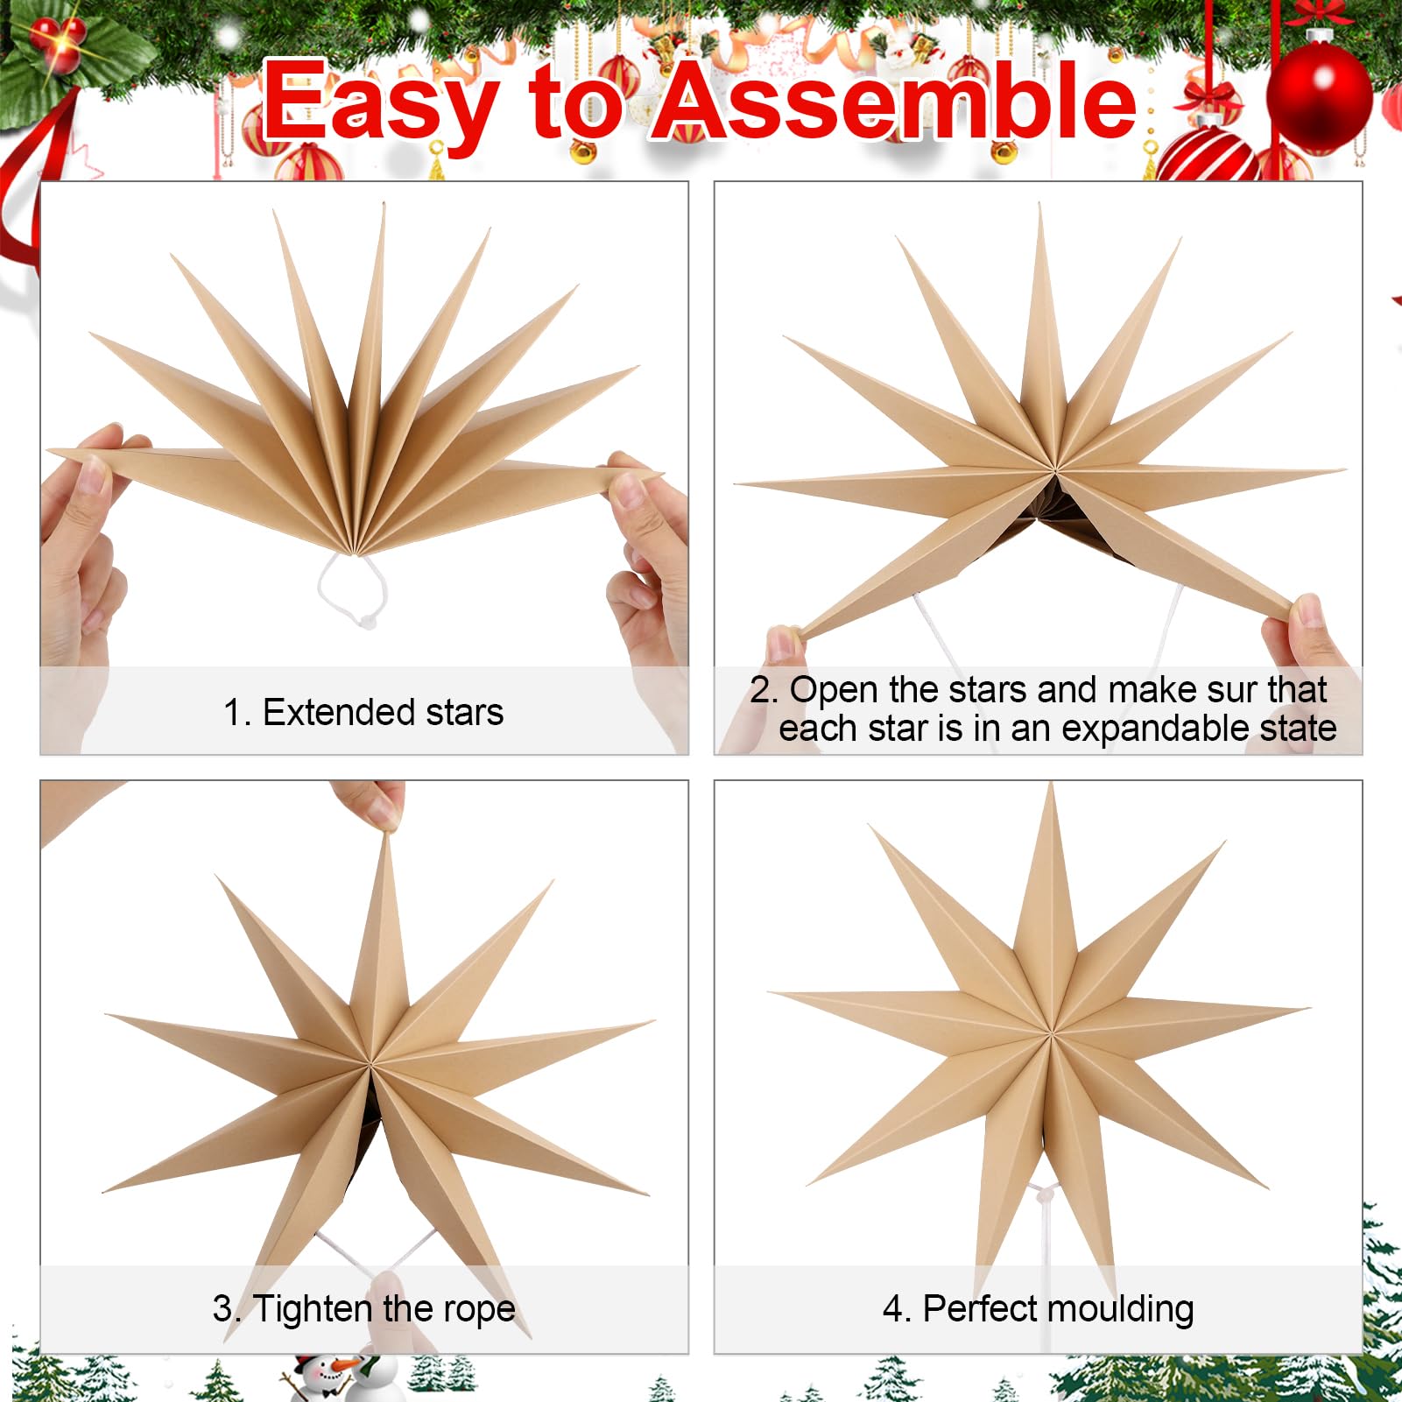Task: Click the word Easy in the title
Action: click(382, 103)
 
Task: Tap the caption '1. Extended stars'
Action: click(363, 712)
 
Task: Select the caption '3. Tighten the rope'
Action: click(363, 1309)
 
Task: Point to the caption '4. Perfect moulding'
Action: click(1038, 1309)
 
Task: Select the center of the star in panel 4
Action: click(1048, 1031)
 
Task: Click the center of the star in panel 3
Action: click(371, 1065)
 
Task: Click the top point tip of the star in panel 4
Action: click(1051, 785)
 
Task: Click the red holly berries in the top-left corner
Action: click(58, 40)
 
